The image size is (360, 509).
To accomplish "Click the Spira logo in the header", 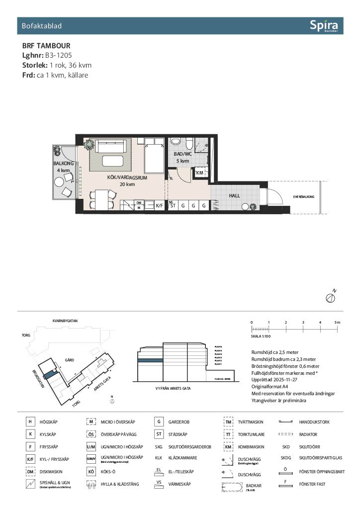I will pyautogui.click(x=324, y=25).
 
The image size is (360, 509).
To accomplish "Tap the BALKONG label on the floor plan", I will pyautogui.click(x=64, y=163).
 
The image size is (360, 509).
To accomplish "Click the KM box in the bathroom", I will pyautogui.click(x=200, y=172).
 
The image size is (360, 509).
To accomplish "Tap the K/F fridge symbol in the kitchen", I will pyautogui.click(x=160, y=205).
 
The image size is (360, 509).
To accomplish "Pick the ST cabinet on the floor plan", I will pyautogui.click(x=173, y=205).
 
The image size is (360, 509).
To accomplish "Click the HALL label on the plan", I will pyautogui.click(x=234, y=196).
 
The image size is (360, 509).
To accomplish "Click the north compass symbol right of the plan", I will pyautogui.click(x=329, y=297).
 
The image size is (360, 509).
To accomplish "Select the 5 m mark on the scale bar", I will pyautogui.click(x=338, y=323).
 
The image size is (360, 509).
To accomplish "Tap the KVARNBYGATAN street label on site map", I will pyautogui.click(x=65, y=321).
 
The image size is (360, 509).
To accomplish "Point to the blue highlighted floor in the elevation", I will pyautogui.click(x=151, y=361).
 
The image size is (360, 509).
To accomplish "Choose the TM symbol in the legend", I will pyautogui.click(x=229, y=422).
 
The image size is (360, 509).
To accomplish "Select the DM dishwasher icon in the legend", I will pyautogui.click(x=30, y=471).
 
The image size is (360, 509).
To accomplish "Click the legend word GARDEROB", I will pyautogui.click(x=179, y=422).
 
